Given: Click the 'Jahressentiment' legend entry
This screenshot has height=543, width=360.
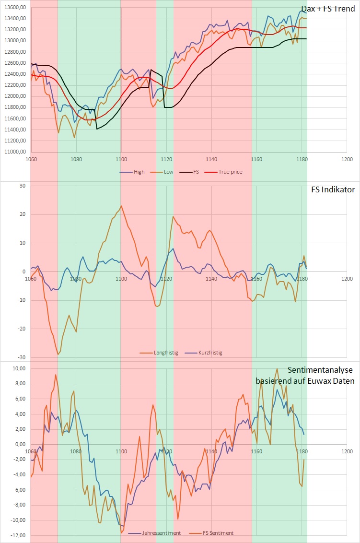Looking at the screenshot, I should [x=160, y=533].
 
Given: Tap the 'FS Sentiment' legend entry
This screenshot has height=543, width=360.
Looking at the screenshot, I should [x=217, y=533].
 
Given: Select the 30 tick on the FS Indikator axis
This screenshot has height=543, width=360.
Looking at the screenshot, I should [x=22, y=186].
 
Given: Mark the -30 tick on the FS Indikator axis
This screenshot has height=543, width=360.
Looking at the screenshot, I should [x=21, y=357].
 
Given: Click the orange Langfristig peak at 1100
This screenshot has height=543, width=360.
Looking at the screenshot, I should [x=121, y=206].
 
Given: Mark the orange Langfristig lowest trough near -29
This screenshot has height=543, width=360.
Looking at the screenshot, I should [x=58, y=354].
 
